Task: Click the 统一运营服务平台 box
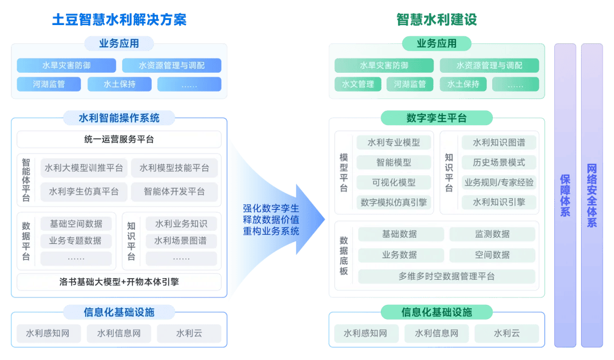tap(119, 139)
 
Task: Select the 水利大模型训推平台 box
tap(84, 168)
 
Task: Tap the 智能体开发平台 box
tap(174, 192)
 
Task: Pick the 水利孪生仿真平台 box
tap(84, 192)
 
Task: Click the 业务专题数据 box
tap(76, 241)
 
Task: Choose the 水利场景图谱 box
tap(181, 241)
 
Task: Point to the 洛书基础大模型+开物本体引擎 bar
tap(119, 282)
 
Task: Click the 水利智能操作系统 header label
tap(119, 118)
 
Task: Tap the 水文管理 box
tap(358, 84)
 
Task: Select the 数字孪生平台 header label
tap(436, 118)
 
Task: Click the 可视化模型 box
tap(393, 183)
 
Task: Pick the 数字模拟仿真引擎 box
tap(393, 202)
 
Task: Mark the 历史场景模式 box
tap(499, 163)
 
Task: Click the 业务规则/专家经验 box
tap(499, 183)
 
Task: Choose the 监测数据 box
tap(492, 234)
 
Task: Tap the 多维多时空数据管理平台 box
tap(446, 276)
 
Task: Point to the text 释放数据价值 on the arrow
tap(271, 220)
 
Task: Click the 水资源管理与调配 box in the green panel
tap(489, 65)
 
